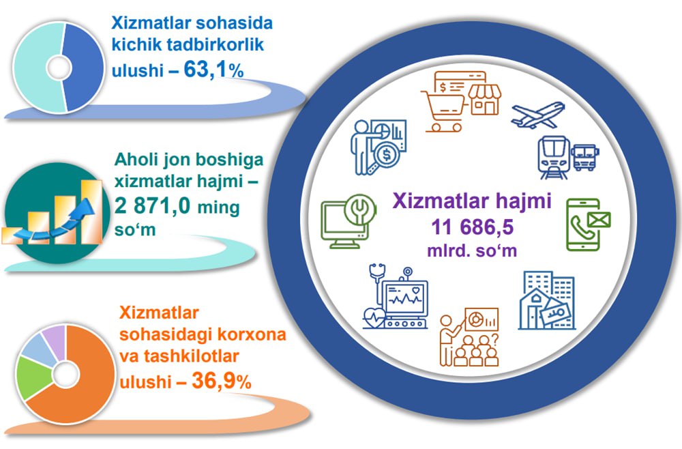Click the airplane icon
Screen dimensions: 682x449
[538, 115]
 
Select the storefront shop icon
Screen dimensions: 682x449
[484, 100]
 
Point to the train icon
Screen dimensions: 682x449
[554, 158]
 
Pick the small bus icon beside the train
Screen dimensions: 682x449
[585, 157]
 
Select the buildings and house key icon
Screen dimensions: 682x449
[547, 300]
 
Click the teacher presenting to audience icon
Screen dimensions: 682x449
[469, 337]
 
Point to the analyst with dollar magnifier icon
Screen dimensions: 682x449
[379, 147]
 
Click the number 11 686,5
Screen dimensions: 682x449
[473, 227]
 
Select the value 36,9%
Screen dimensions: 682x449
[222, 381]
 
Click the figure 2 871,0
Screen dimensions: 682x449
[152, 205]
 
